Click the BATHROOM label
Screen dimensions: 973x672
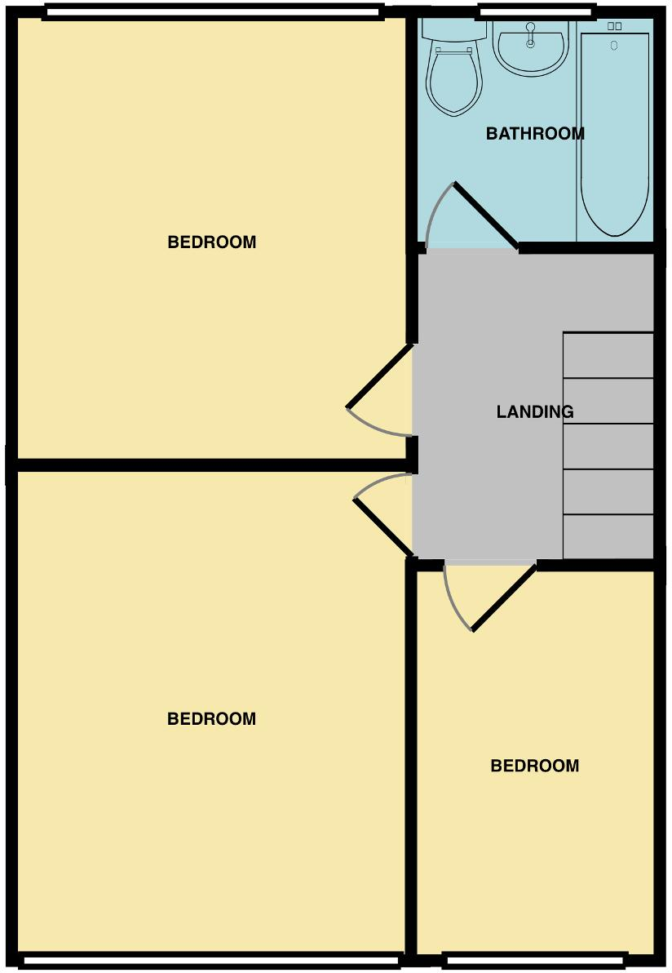pyautogui.click(x=535, y=134)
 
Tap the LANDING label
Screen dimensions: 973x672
pyautogui.click(x=535, y=412)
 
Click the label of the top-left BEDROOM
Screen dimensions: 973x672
pyautogui.click(x=211, y=242)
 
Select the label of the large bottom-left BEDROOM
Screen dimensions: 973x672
pyautogui.click(x=211, y=719)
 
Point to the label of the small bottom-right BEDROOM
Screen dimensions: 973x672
pyautogui.click(x=534, y=766)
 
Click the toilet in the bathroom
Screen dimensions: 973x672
pyautogui.click(x=453, y=82)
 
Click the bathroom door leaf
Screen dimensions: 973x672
pyautogui.click(x=486, y=216)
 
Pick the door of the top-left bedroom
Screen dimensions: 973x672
pyautogui.click(x=380, y=376)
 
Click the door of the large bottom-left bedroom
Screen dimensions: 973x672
pyautogui.click(x=382, y=527)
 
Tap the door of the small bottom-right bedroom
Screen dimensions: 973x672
pyautogui.click(x=504, y=598)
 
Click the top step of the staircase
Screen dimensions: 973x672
pyautogui.click(x=608, y=355)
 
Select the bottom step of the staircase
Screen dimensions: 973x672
pyautogui.click(x=608, y=536)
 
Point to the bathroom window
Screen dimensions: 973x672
pyautogui.click(x=535, y=11)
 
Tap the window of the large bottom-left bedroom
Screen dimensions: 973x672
pyautogui.click(x=210, y=961)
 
